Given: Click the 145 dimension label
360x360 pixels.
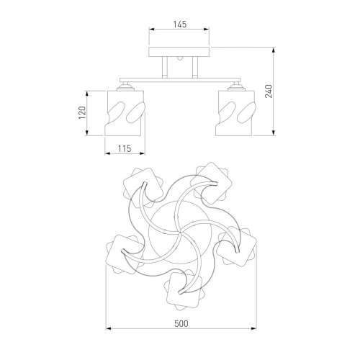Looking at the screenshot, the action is pyautogui.click(x=180, y=24).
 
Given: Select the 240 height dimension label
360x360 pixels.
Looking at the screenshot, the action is pyautogui.click(x=269, y=91).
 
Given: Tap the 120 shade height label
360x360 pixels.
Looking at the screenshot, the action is pyautogui.click(x=82, y=113).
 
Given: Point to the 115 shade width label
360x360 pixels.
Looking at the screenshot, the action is pyautogui.click(x=125, y=148).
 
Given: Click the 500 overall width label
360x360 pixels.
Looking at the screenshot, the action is pyautogui.click(x=181, y=324).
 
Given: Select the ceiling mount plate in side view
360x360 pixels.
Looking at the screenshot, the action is pyautogui.click(x=179, y=52).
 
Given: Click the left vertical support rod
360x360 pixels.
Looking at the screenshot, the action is pyautogui.click(x=165, y=68).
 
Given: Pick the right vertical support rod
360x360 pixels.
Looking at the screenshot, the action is pyautogui.click(x=194, y=68).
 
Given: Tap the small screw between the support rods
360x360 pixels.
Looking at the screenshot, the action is pyautogui.click(x=180, y=58).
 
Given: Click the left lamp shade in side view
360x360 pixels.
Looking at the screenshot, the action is pyautogui.click(x=125, y=113).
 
